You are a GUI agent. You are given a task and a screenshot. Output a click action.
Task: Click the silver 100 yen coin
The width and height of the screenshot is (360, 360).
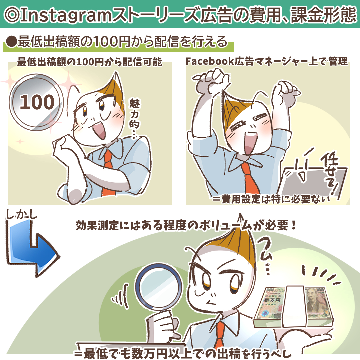pos(37,102)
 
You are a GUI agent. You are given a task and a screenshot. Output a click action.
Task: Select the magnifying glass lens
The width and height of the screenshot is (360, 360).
pos(158,287)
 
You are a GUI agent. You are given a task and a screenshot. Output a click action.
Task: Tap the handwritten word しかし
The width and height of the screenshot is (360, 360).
pos(21,215)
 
